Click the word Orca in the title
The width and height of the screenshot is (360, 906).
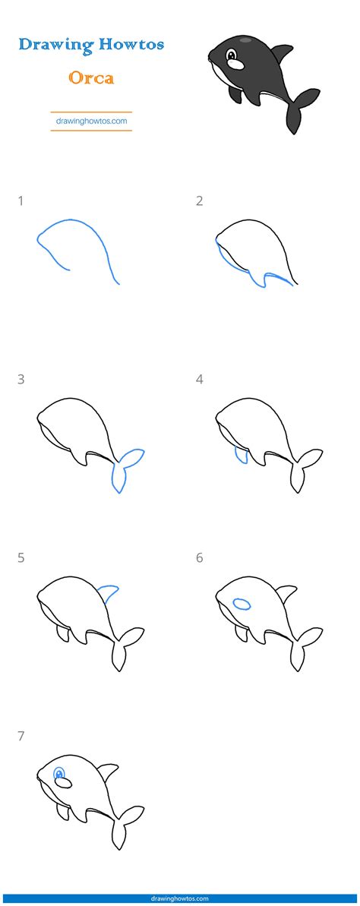(91, 77)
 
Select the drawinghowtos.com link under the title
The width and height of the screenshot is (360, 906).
(91, 120)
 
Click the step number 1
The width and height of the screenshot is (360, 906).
(21, 201)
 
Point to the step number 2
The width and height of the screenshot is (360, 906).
(200, 201)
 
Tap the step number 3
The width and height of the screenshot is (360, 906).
(21, 379)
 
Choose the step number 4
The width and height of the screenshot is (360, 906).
(200, 379)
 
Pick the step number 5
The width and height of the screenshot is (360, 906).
(21, 557)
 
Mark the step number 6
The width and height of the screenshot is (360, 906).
(200, 557)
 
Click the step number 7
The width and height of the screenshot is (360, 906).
(21, 735)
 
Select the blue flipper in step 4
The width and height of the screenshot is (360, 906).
(241, 455)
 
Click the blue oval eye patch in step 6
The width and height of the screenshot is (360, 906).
(242, 604)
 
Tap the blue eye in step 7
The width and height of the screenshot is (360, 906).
(60, 775)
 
